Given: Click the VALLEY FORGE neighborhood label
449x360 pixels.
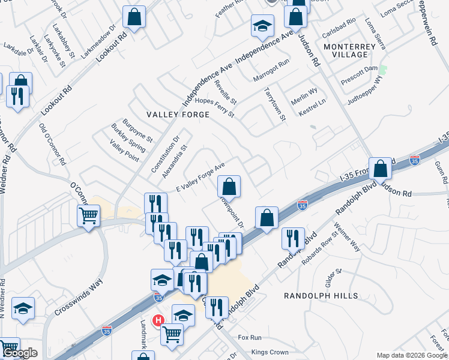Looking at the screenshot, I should pos(178,114).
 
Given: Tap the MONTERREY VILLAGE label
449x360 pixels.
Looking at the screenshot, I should pos(345,50).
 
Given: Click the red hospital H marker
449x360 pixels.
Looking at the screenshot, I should pos(159,321).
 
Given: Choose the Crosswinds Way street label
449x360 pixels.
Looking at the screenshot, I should pos(79,298).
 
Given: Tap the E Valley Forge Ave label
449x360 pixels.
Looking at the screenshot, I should pos(200,178).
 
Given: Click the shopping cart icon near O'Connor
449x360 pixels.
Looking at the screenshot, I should pos(89,215).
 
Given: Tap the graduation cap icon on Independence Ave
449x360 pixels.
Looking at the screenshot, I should pos(262,26).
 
